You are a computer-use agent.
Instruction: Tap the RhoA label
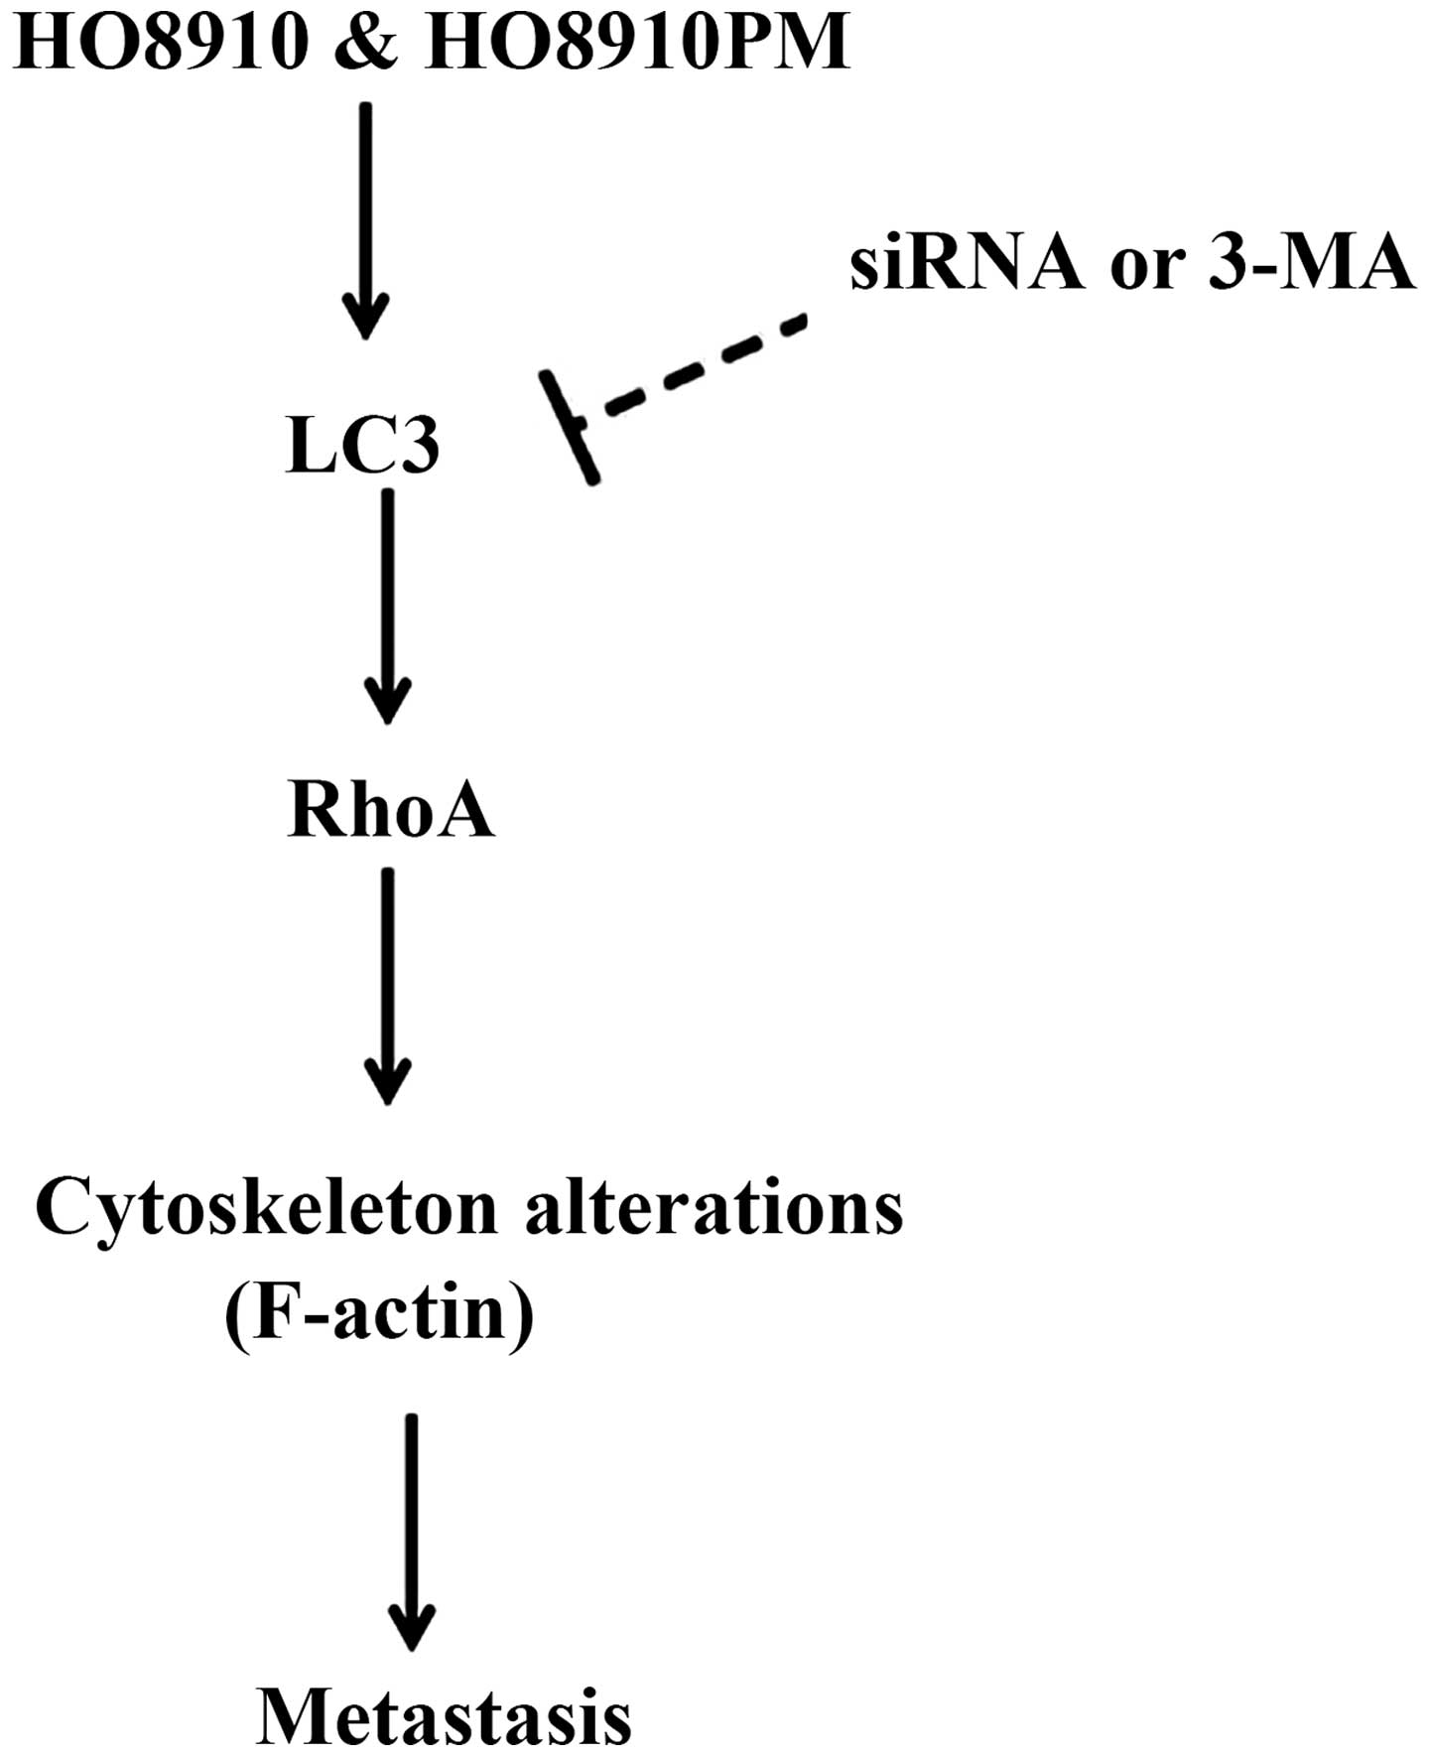[x=390, y=810]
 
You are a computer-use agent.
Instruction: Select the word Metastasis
[x=444, y=1717]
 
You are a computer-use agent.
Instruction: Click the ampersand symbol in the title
[x=365, y=44]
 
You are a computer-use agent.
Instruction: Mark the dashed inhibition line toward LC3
[x=705, y=363]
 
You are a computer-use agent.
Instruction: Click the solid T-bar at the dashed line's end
[x=570, y=427]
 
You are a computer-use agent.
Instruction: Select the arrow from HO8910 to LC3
[x=366, y=218]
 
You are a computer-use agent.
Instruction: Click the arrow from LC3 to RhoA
[x=387, y=606]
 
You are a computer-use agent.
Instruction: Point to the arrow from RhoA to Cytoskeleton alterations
[x=387, y=983]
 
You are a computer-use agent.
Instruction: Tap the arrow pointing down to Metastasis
[x=411, y=1529]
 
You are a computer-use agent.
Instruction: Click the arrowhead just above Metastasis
[x=411, y=1628]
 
